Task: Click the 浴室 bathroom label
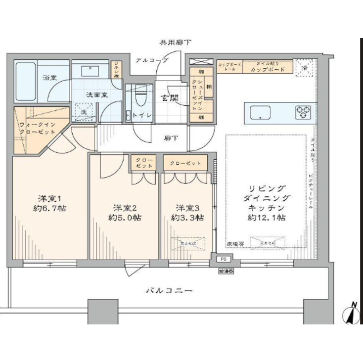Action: tap(49, 78)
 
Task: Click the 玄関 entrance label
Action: tap(169, 97)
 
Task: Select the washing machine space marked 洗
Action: tap(84, 112)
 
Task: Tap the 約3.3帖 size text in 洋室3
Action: tap(186, 217)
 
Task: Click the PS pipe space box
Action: tap(224, 259)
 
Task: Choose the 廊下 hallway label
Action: tap(170, 138)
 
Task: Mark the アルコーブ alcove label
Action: tap(152, 60)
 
